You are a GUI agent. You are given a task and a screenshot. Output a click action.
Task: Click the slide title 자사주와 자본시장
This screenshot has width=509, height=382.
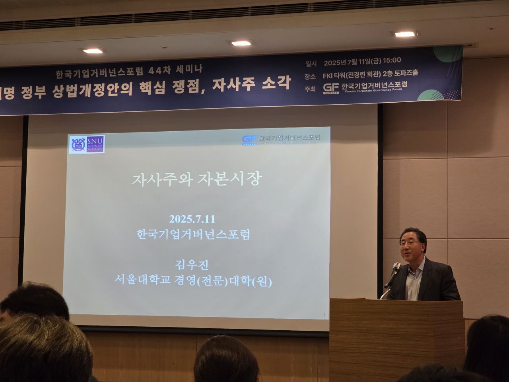(196, 179)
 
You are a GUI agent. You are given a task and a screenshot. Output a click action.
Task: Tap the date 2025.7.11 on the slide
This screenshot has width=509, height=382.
(192, 219)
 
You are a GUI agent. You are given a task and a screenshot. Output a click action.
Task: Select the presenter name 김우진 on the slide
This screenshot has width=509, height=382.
(192, 265)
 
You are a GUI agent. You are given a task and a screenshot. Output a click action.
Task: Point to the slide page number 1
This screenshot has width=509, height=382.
(324, 316)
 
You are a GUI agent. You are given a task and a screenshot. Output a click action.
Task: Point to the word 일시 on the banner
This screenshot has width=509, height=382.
(311, 63)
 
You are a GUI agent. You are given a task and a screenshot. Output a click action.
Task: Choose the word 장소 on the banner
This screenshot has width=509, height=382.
(310, 76)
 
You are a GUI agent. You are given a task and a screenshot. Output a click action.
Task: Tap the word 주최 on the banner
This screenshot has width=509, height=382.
(310, 89)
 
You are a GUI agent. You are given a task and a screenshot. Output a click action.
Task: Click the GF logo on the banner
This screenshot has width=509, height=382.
(331, 88)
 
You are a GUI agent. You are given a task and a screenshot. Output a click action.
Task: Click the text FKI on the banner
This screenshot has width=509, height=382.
(328, 73)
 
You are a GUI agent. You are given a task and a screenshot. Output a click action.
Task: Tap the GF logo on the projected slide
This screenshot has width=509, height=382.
(249, 140)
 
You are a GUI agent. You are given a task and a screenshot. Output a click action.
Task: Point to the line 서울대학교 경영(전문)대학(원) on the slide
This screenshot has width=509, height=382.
(193, 282)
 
